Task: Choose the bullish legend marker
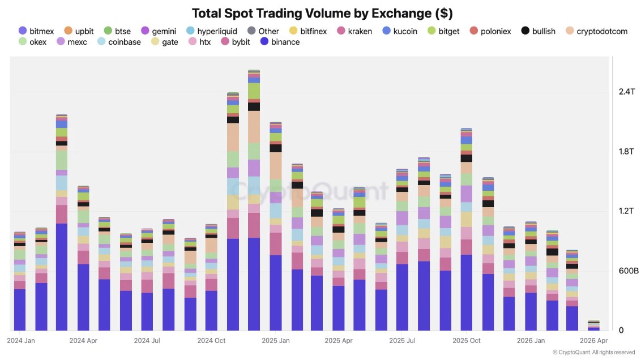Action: click(x=525, y=31)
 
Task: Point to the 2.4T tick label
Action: click(x=626, y=92)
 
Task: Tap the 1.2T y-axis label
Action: click(x=626, y=211)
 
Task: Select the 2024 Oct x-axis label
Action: click(x=211, y=341)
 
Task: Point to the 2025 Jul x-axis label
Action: click(x=403, y=341)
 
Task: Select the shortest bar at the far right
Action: click(x=593, y=325)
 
